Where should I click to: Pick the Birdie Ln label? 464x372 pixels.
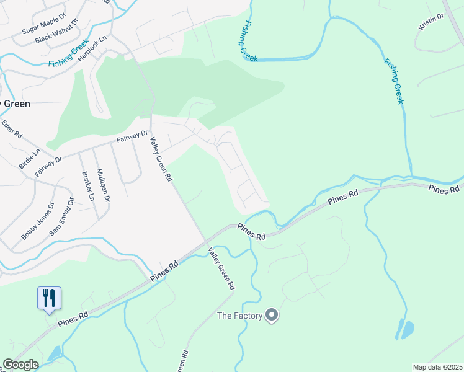(29, 158)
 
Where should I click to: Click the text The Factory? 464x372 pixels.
(239, 316)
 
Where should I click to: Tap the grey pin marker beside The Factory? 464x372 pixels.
(271, 316)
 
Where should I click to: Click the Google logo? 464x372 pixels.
(20, 365)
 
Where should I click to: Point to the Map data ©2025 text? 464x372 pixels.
(437, 367)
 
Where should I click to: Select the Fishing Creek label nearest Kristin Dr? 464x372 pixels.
(394, 81)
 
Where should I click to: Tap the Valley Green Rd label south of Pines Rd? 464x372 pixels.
(222, 269)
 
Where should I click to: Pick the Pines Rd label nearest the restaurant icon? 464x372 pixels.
(73, 320)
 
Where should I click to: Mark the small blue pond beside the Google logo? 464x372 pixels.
(54, 354)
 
